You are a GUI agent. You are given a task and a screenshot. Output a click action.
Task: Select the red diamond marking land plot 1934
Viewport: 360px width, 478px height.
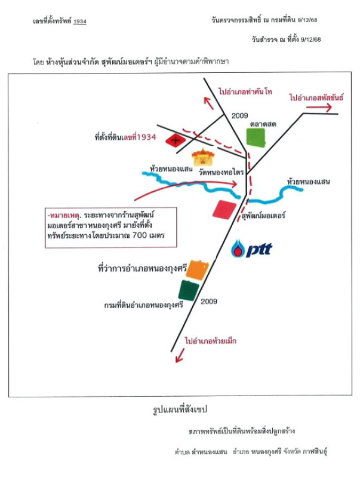click(x=174, y=141)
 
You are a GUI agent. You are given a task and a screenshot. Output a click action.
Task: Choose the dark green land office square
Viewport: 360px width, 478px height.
click(x=189, y=290)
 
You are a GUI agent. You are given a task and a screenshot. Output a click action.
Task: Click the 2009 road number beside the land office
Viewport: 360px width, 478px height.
click(x=209, y=301)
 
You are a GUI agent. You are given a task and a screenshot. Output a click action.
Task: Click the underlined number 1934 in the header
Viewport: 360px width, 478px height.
click(x=80, y=22)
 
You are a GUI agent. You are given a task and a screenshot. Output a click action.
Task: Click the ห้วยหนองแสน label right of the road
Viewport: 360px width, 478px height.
click(x=308, y=180)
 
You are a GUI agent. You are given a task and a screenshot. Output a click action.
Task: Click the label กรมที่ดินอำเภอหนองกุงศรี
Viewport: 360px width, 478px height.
click(x=143, y=305)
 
